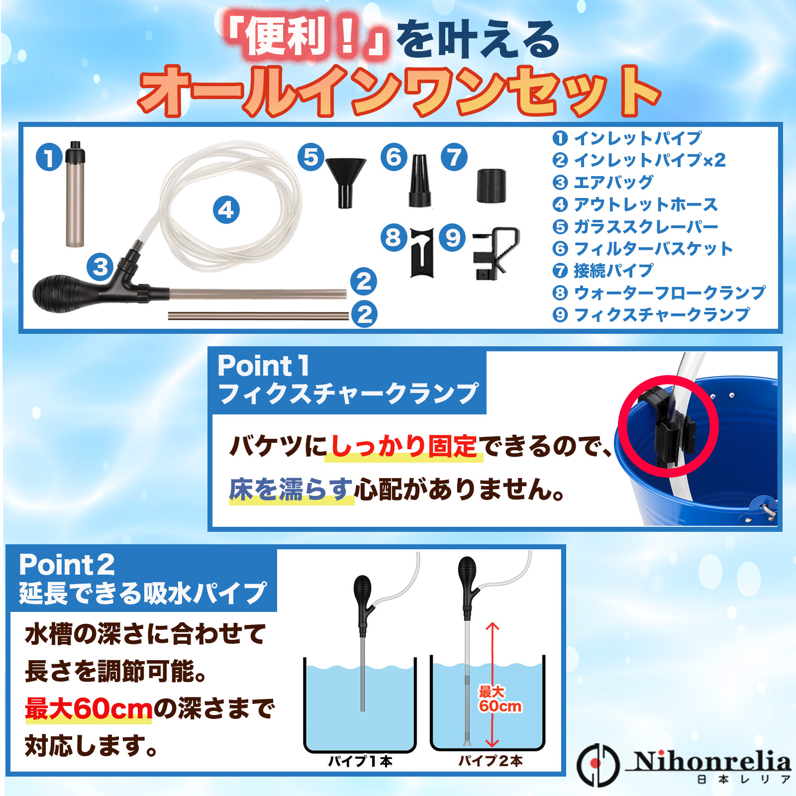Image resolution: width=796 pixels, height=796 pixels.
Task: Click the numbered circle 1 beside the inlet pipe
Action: (x=49, y=158)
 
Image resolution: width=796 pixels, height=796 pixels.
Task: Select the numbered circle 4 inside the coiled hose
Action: (x=226, y=209)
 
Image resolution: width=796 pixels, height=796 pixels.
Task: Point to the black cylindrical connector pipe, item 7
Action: (x=492, y=186)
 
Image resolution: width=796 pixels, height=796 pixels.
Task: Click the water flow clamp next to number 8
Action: (x=422, y=252)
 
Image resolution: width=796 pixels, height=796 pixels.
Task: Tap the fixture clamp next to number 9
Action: (x=495, y=253)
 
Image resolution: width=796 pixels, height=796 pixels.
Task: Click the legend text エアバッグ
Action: (x=613, y=182)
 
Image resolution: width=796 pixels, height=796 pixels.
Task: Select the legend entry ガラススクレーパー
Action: (x=646, y=226)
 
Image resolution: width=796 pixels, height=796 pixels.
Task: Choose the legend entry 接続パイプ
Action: (x=613, y=271)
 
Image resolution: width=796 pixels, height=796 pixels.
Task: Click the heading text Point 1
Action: (x=264, y=366)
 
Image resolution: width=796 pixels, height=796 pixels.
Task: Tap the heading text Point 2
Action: (x=67, y=565)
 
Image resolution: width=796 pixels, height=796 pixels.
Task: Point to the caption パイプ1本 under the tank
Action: (x=360, y=761)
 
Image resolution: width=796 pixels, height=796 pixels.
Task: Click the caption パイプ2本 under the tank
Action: (x=490, y=761)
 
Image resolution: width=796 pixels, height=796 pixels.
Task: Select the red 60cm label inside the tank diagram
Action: (x=500, y=706)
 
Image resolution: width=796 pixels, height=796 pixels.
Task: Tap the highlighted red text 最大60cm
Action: (x=89, y=708)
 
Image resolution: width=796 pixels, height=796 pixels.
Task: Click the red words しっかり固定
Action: (x=404, y=446)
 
